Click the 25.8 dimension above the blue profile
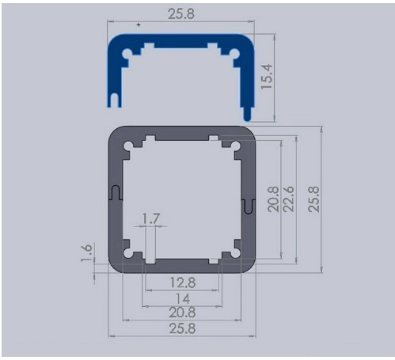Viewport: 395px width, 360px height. coord(181,13)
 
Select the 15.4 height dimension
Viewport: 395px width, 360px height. coord(266,77)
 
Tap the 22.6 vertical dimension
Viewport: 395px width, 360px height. coord(288,199)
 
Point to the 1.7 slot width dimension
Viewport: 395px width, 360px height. coord(151,218)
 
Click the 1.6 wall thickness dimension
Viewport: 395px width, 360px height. coord(86,252)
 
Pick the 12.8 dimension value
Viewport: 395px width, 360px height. coord(183,282)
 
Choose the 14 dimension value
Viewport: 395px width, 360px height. coord(183,299)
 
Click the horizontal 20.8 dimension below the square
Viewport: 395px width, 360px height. coord(182,313)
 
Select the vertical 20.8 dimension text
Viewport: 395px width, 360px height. coord(273,199)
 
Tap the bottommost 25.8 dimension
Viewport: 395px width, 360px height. coord(182,328)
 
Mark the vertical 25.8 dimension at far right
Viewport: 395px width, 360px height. coord(313,199)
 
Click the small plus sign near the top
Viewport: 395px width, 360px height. coord(139,25)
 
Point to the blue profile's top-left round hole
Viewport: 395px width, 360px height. coord(127,54)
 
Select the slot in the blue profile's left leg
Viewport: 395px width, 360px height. coord(115,100)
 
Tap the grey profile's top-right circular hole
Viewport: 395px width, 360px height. coord(235,146)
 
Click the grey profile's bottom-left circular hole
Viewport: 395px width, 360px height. coord(128,253)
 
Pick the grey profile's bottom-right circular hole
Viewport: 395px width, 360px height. coord(235,253)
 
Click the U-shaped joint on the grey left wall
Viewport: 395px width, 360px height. coord(116,192)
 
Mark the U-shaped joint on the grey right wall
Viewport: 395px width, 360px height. coord(249,206)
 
